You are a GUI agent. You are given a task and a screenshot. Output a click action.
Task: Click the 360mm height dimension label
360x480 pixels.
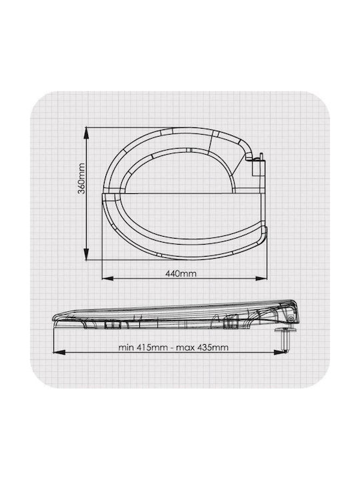(x=81, y=179)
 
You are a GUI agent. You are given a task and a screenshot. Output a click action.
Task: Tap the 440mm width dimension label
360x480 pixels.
(x=181, y=273)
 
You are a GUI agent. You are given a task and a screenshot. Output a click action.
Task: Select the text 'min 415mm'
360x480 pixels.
(x=143, y=347)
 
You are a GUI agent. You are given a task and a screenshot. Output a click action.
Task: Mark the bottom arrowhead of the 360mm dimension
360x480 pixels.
(x=87, y=254)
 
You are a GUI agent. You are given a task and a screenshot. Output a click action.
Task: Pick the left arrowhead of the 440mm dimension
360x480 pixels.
(x=108, y=278)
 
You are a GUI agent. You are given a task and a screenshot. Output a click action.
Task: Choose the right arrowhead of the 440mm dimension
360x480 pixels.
(x=261, y=278)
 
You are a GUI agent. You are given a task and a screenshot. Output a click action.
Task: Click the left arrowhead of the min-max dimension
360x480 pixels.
(x=59, y=353)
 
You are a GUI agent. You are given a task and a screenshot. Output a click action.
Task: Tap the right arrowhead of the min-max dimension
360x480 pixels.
(x=279, y=353)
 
